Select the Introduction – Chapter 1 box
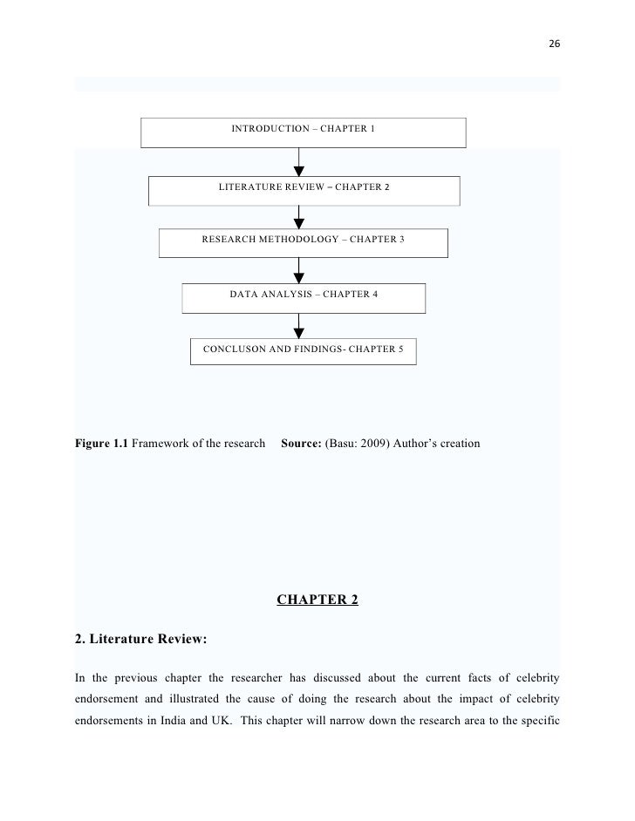[x=303, y=132]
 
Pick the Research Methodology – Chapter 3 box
[x=303, y=241]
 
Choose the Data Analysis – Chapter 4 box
[x=303, y=296]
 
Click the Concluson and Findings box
[x=303, y=350]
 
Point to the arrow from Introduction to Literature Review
[x=300, y=162]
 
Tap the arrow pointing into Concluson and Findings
[x=300, y=324]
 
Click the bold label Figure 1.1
[x=101, y=444]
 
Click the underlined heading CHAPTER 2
[x=317, y=600]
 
